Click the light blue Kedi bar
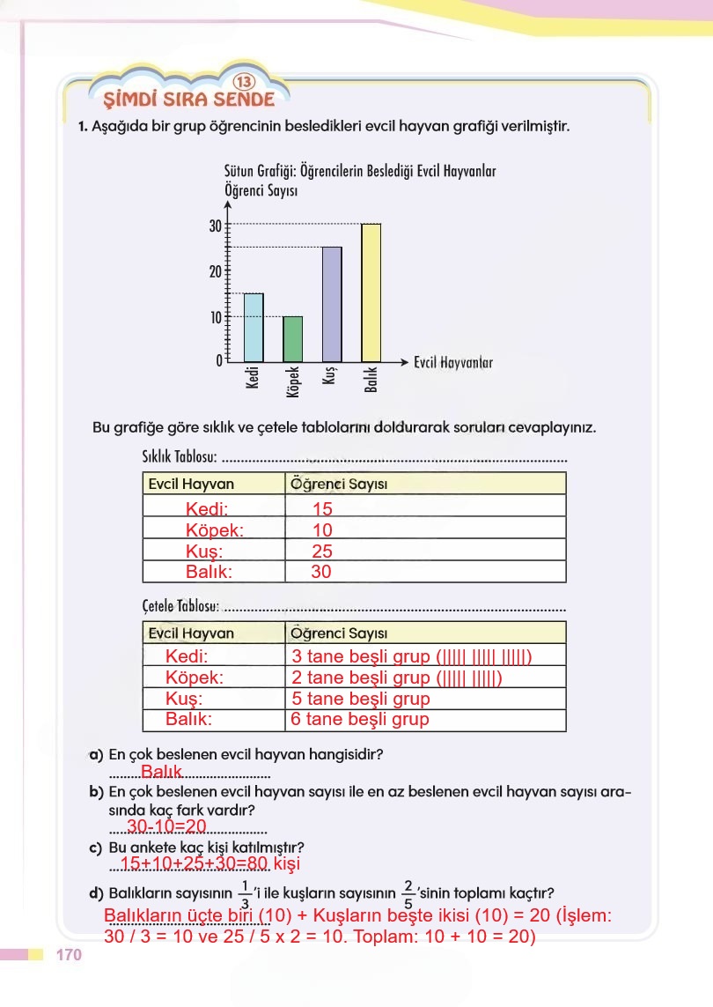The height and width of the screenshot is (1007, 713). coord(253,327)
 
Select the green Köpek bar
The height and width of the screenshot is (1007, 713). coord(292,338)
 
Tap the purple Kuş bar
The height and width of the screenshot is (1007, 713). coord(331,304)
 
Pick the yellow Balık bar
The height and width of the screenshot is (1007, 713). coord(371,292)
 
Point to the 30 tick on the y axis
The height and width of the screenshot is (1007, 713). coord(216,226)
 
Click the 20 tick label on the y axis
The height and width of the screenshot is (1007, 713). coord(216,271)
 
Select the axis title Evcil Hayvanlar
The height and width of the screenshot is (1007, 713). coord(453,362)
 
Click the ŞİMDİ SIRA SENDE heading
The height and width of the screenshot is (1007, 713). coord(188,99)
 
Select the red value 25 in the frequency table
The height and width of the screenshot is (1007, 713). coord(322,552)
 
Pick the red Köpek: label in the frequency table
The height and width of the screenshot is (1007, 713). coord(215,530)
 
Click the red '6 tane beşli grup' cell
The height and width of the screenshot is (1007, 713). coord(360,720)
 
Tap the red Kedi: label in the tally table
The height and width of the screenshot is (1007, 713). coord(187,656)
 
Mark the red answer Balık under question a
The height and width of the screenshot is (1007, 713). coord(160,773)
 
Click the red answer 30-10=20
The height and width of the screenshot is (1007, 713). coord(166,826)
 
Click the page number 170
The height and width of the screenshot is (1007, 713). coord(68,956)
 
